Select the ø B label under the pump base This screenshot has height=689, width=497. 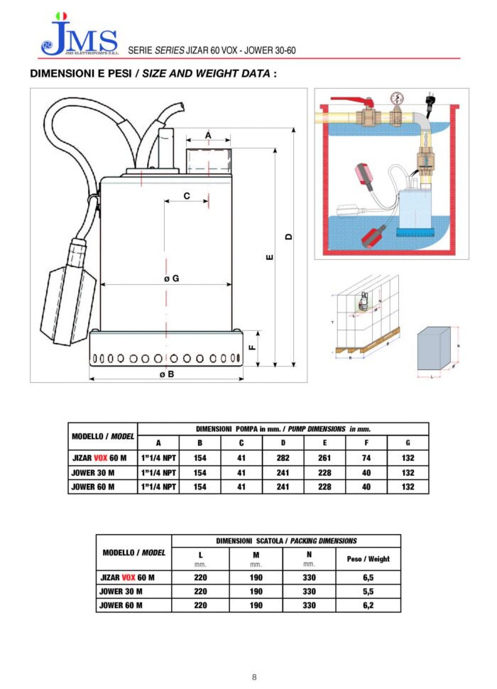pos(166,374)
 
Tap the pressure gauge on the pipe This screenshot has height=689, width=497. pos(395,98)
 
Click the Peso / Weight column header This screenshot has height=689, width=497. pos(368,559)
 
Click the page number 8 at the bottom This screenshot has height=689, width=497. pos(254,677)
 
